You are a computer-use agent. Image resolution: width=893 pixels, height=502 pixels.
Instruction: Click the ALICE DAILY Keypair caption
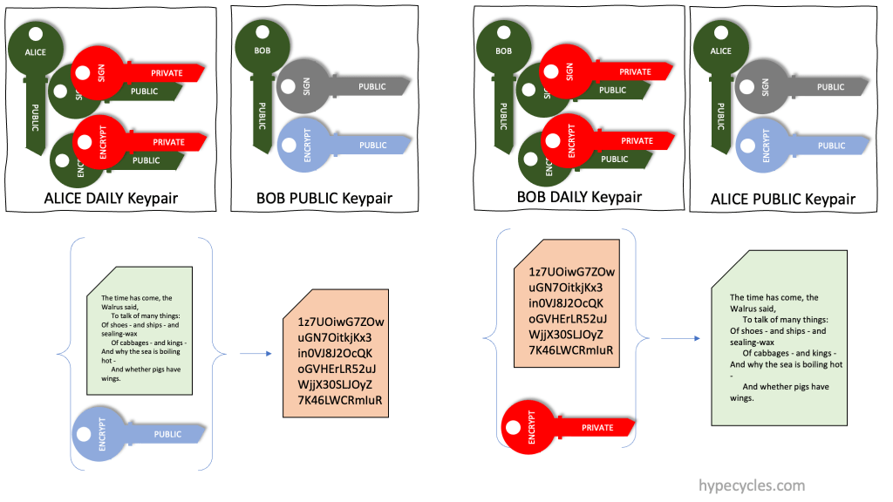coord(111,198)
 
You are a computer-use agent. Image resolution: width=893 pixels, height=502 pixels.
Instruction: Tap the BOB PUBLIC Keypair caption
coord(324,198)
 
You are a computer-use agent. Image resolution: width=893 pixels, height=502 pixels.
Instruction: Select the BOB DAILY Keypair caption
coord(579,196)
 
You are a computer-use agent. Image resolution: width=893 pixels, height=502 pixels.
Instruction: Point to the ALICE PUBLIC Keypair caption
coord(783,199)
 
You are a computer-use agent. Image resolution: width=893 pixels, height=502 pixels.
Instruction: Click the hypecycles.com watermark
coord(753,485)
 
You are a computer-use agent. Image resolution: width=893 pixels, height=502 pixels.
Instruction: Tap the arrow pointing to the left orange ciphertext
coord(253,353)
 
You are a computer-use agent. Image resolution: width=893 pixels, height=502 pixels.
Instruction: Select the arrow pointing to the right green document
coord(679,338)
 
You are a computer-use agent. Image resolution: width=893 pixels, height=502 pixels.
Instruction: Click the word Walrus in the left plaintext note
coord(113,307)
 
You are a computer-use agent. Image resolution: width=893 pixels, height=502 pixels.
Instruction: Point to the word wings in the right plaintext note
coord(742,397)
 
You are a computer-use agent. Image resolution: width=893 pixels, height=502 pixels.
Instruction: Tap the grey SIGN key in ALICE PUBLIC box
coord(781,86)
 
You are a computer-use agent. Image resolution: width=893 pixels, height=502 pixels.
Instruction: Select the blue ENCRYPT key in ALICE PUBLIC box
coord(781,145)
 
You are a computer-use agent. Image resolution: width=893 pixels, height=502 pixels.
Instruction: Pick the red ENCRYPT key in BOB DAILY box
coord(584,140)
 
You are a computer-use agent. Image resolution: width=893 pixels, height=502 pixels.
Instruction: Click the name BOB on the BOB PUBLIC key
coord(262,51)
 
